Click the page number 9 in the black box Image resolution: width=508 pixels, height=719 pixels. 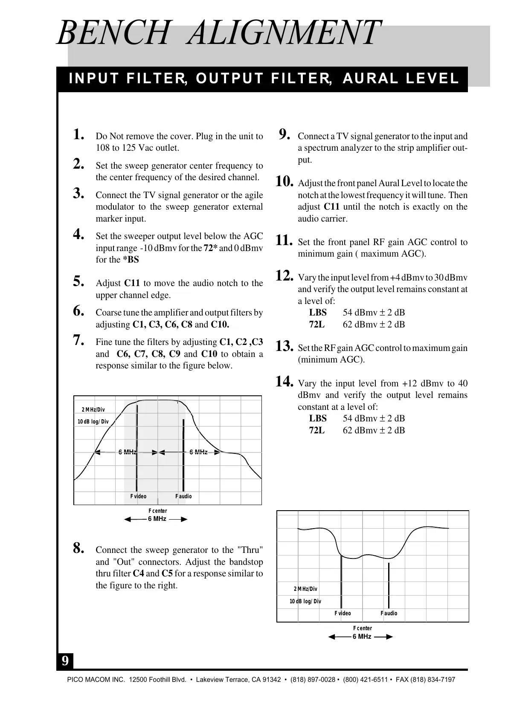65,661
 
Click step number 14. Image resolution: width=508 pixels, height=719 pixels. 284,381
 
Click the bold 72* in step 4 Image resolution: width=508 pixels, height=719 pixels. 211,248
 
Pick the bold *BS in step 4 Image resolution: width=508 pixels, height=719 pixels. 131,260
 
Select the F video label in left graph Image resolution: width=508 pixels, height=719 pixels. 138,496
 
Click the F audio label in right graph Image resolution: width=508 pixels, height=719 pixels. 389,613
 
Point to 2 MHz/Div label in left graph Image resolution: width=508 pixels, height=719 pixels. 93,410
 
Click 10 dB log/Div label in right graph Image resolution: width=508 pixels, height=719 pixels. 305,601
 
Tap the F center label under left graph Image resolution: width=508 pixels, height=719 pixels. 157,511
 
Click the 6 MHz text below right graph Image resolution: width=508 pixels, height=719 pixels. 362,637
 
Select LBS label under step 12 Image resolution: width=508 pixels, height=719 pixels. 318,313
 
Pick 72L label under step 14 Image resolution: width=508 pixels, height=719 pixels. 317,430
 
